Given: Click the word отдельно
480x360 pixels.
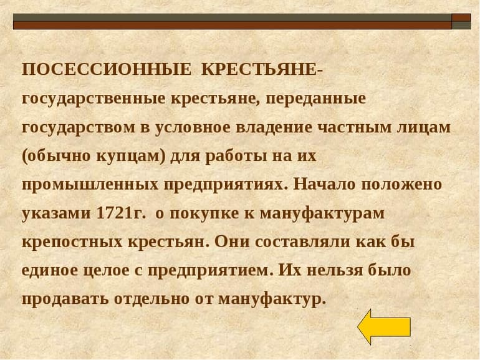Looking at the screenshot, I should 160,299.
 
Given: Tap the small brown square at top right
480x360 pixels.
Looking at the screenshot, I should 461,17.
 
